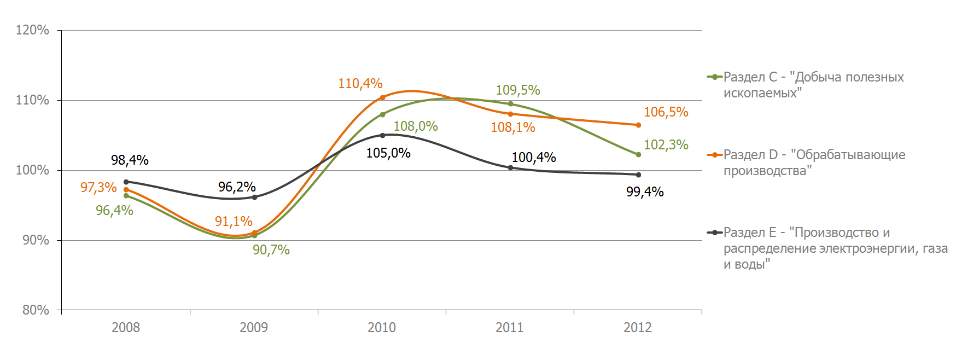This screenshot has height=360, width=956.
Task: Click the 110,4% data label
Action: coord(360,84)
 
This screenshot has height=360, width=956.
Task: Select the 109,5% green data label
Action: coord(518,90)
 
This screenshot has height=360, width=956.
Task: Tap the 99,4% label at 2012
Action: coord(645,192)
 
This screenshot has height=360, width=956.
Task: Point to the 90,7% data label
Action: coord(271,250)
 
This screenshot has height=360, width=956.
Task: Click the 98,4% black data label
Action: coord(130,160)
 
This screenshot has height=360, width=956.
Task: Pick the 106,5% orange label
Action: coord(666,112)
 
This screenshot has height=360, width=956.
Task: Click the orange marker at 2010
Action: coord(382,97)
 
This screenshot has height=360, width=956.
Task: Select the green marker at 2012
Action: coord(638,154)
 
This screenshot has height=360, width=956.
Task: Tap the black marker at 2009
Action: coord(254,197)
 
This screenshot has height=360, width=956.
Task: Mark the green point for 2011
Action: coord(510,104)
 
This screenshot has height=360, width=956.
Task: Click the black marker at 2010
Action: coord(382,135)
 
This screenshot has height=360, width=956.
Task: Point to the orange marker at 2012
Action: coord(638,125)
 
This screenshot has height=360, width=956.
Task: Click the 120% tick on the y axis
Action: coord(32,30)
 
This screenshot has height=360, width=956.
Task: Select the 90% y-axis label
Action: coord(36,240)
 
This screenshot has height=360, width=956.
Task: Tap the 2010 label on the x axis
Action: coord(382,328)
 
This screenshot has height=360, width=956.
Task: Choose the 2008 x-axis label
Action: coord(126,328)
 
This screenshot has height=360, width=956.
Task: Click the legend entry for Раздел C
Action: coord(806,85)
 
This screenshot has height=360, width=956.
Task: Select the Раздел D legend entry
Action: coord(806,162)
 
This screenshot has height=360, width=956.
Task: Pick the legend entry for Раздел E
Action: coord(827,248)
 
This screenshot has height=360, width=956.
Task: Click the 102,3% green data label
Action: coord(666,145)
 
